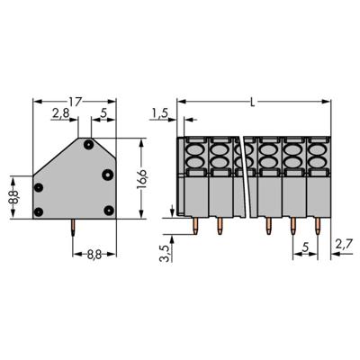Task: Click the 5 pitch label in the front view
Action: (306, 243)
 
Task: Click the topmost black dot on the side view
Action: (88, 143)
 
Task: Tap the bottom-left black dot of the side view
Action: (39, 211)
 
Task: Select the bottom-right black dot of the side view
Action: (107, 211)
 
